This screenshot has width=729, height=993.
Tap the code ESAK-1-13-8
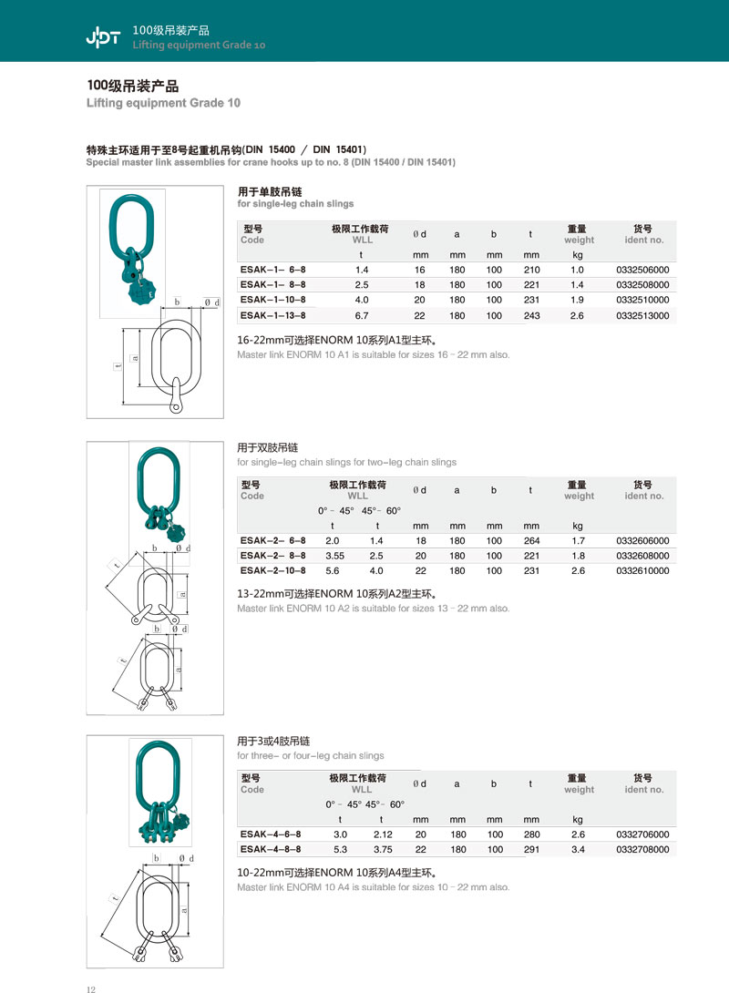(272, 315)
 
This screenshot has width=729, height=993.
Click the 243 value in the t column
(532, 315)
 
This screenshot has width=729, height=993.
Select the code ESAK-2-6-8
(272, 540)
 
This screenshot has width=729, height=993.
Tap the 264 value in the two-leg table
(532, 540)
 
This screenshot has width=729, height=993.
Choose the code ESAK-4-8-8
(270, 849)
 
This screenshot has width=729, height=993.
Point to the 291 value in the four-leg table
(532, 849)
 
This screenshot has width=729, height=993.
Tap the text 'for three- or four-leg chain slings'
(310, 755)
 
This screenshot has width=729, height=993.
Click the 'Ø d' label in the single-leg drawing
(210, 302)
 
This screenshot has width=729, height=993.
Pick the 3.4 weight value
(578, 849)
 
